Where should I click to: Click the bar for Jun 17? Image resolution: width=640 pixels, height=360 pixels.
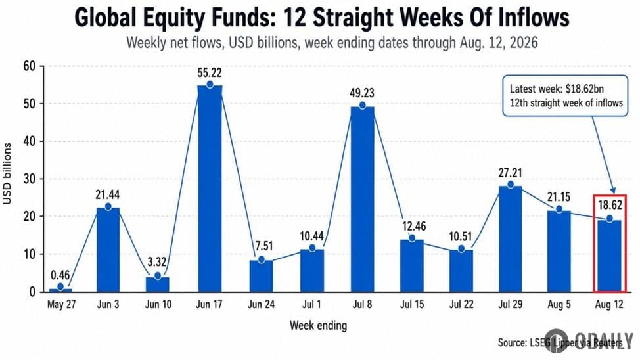[210, 189]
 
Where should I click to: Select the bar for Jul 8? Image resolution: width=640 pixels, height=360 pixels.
[363, 200]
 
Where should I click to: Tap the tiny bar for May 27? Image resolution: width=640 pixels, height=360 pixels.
[60, 290]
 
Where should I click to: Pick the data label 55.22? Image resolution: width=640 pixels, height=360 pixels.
[210, 73]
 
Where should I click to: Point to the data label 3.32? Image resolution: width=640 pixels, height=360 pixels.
[158, 261]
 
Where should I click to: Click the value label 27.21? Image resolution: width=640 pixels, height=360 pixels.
[510, 173]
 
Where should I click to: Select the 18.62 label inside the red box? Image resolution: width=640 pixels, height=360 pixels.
[610, 204]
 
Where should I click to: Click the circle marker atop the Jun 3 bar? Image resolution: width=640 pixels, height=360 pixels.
[108, 206]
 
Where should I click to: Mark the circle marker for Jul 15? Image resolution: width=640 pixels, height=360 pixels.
[412, 238]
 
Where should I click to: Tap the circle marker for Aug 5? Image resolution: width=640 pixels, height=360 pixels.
[559, 209]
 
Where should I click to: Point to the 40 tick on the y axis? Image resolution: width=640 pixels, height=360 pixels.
[30, 141]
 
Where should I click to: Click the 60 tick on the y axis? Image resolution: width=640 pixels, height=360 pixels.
[30, 66]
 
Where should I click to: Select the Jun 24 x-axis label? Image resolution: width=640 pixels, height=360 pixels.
[262, 304]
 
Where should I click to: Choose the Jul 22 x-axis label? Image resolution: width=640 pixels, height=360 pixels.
[461, 304]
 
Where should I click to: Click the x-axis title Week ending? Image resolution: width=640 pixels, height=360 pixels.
[319, 325]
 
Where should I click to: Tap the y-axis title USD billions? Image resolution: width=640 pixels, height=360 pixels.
[7, 173]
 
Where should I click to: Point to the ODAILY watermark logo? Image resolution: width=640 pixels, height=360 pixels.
[588, 340]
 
